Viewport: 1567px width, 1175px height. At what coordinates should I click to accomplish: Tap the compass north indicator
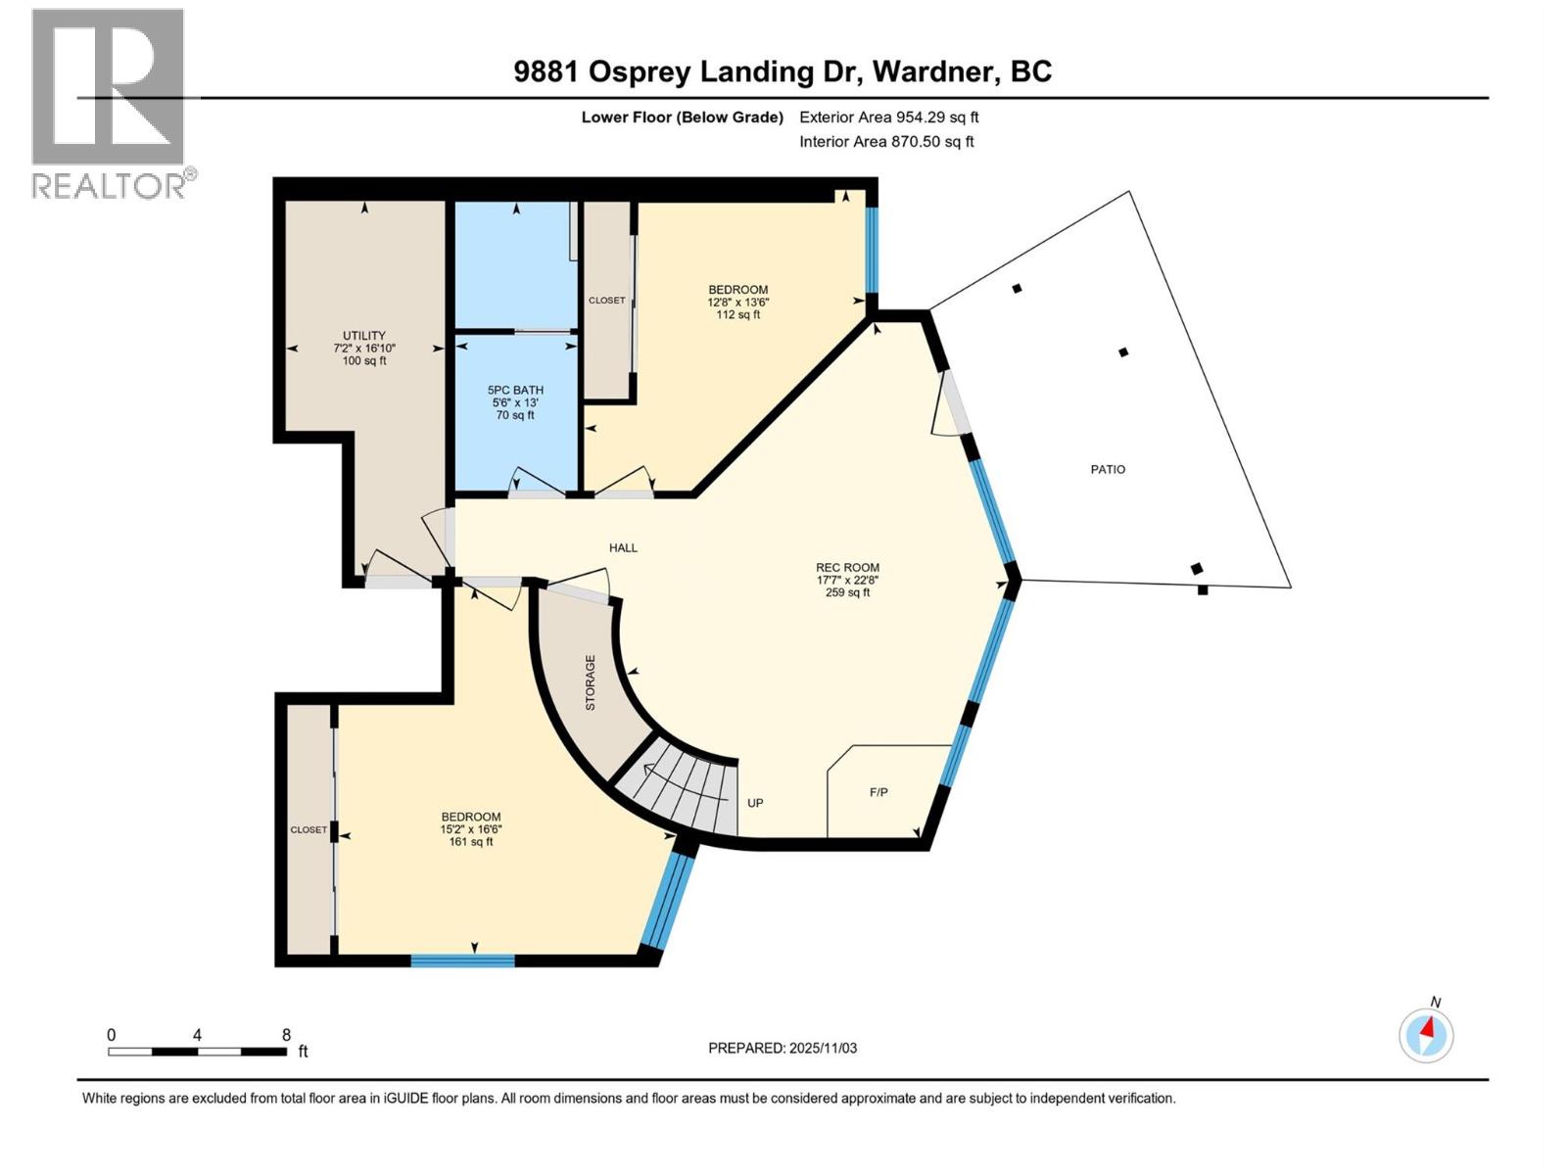(x=1426, y=1035)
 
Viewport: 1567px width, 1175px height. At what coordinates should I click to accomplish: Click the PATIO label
(x=1108, y=469)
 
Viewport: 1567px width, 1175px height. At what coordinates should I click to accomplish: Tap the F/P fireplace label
(x=878, y=792)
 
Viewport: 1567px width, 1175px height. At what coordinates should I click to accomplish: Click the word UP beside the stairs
(x=755, y=803)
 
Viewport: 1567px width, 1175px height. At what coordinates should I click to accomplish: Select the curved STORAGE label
(x=591, y=682)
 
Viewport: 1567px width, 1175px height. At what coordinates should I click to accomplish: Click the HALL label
(x=623, y=547)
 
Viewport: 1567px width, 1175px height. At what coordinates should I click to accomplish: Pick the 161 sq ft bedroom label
(x=470, y=828)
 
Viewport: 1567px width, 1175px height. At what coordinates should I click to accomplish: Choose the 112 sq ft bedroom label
(x=737, y=302)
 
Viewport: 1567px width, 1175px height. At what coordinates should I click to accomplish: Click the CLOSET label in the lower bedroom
(x=309, y=829)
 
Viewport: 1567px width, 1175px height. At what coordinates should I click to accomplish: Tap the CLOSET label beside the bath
(x=606, y=300)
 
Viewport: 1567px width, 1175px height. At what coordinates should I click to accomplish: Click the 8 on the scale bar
(x=286, y=1034)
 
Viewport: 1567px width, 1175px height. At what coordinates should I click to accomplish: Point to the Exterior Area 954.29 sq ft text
(x=888, y=117)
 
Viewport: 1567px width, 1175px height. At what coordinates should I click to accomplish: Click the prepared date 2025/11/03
(x=821, y=1048)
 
